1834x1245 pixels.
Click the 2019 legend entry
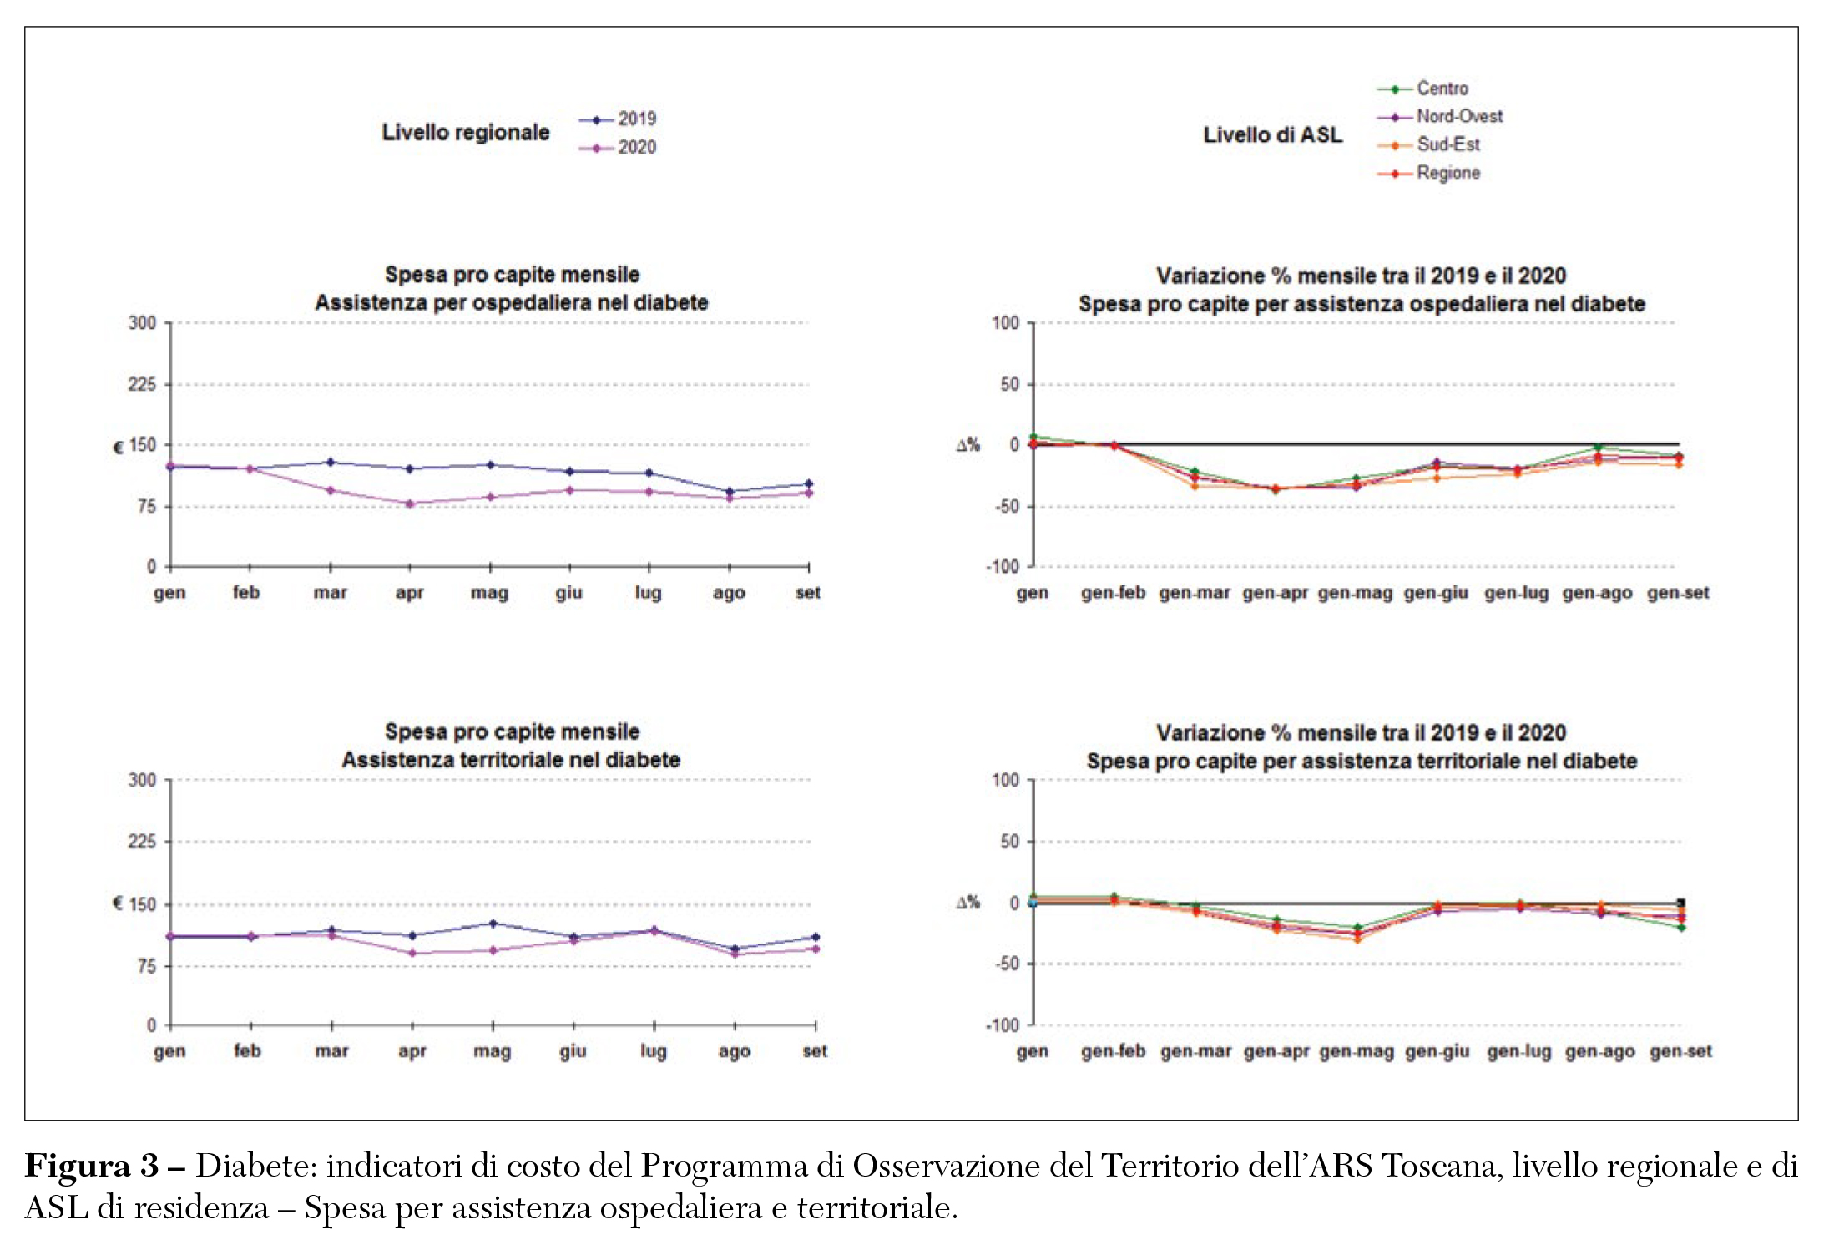click(619, 119)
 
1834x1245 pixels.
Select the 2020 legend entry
click(619, 148)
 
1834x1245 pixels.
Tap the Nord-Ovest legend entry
click(1441, 117)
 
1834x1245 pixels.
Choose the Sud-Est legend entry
click(1429, 145)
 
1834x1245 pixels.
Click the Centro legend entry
click(1423, 89)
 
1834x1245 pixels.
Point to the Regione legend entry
click(1429, 174)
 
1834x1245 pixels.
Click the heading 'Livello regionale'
click(466, 133)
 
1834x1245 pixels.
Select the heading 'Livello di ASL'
click(1272, 135)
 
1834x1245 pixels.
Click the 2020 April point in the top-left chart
click(410, 504)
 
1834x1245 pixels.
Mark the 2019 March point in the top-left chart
click(331, 462)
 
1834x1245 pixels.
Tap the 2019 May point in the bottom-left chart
click(493, 924)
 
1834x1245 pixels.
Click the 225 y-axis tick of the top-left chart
click(142, 384)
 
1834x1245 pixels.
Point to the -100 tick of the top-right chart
click(1003, 567)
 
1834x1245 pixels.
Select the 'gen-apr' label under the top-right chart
click(1275, 593)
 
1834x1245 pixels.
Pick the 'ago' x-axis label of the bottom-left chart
click(734, 1051)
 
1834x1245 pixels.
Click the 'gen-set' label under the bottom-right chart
click(1680, 1051)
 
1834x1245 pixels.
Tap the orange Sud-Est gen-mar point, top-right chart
click(1195, 486)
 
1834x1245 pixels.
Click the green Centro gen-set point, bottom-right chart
click(1681, 927)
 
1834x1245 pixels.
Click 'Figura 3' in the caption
click(92, 1166)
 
